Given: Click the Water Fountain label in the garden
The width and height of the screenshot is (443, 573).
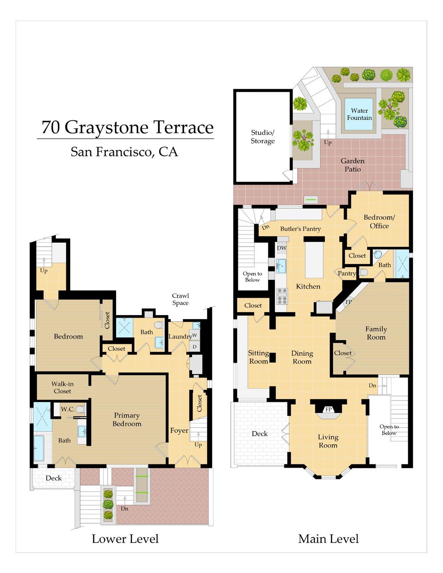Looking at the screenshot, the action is tap(359, 114).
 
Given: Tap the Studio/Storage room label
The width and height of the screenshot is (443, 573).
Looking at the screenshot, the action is tap(263, 136).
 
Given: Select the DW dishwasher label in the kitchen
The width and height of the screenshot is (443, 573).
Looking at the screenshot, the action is tap(282, 248).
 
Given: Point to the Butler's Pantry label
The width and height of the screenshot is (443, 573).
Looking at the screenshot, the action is tap(300, 229).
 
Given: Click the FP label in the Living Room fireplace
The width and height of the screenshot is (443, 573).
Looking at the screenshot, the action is tap(328, 409).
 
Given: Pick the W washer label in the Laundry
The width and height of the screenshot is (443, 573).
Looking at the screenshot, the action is tap(195, 335).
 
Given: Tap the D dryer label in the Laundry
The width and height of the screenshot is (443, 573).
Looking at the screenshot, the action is tap(195, 347).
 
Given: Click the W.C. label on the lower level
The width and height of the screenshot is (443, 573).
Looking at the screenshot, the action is tap(68, 409).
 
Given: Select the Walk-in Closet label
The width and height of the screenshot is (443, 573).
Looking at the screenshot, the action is tap(63, 387).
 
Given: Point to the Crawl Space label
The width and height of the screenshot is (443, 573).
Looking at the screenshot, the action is tap(181, 299).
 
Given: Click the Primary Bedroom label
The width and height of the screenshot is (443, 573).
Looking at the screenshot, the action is tap(127, 419).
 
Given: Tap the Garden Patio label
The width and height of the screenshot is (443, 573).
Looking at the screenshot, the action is tap(352, 165).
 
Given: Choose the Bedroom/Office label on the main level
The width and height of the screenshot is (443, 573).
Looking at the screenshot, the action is tap(379, 221).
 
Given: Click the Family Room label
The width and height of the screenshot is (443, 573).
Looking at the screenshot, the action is tap(376, 333).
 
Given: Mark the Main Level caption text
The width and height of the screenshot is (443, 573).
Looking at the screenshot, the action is tap(328, 539).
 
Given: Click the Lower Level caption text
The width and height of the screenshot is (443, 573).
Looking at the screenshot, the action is tap(125, 539).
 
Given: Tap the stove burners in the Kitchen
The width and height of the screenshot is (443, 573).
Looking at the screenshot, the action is tap(282, 296).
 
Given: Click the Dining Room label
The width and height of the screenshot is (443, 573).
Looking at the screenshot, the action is tap(302, 357).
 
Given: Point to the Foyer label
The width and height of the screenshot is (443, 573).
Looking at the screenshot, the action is tap(179, 430).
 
